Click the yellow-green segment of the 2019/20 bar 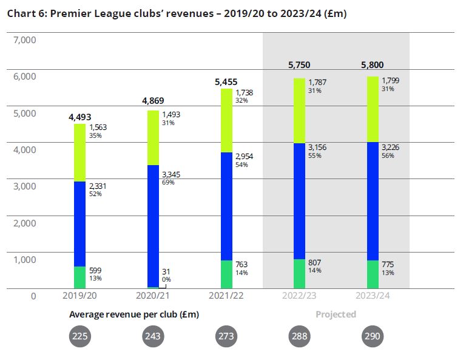coord(80,152)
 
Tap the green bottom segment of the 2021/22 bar coord(226,274)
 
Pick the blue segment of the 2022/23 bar coord(299,201)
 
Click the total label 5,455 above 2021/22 coord(227,81)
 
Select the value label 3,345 coord(171,175)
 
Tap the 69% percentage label coord(167,183)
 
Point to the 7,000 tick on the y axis coord(25,41)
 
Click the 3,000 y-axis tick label coord(25,186)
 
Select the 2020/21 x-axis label coord(154,296)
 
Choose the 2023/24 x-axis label coord(372,296)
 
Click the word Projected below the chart coord(336,314)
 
